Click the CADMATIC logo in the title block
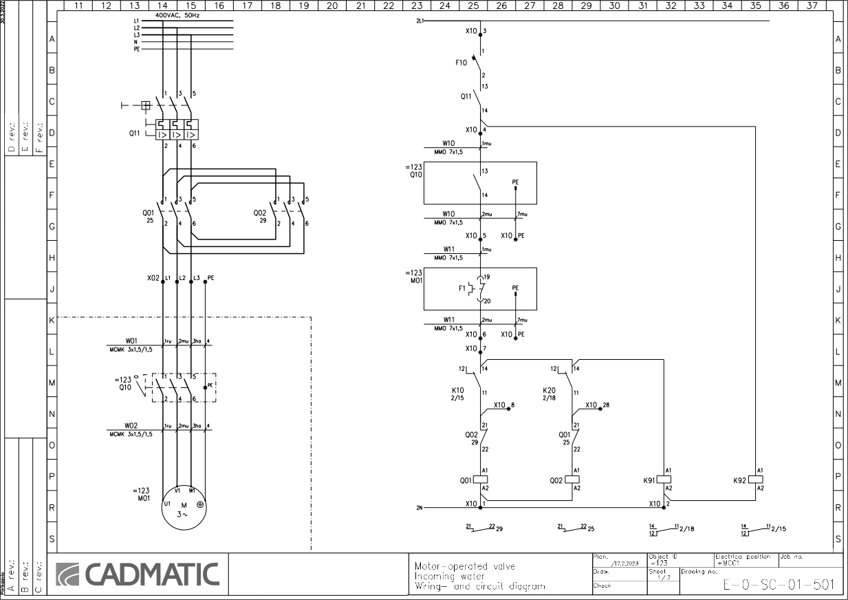137,575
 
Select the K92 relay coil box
756,480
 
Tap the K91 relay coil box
664,480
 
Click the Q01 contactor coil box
480,480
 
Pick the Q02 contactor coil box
572,480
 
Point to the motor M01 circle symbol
184,508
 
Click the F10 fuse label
461,63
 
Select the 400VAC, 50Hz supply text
177,14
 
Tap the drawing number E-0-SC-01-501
779,586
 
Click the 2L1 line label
420,21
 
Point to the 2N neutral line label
420,508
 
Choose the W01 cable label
131,339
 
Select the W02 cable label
131,425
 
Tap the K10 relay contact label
458,390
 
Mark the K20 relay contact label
549,390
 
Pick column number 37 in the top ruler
812,6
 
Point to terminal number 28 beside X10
605,405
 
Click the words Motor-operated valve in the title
464,566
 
